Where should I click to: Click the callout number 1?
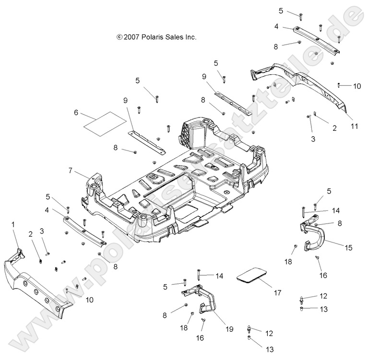tap(13, 224)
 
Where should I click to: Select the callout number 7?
tap(71, 170)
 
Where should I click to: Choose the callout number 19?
tap(229, 329)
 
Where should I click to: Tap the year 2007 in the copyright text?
tap(131, 37)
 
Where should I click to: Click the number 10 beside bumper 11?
tap(357, 86)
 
